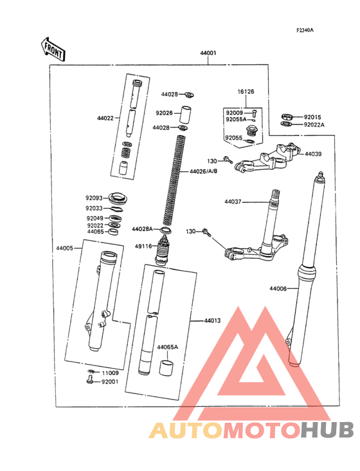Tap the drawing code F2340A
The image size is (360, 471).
click(x=305, y=30)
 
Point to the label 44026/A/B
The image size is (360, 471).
click(x=204, y=172)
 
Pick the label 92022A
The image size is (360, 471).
click(x=314, y=124)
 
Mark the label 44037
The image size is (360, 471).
click(x=233, y=201)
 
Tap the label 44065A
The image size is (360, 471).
click(x=167, y=347)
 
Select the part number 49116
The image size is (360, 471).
click(x=143, y=246)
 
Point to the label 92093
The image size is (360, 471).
click(x=94, y=198)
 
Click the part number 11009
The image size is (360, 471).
click(x=110, y=373)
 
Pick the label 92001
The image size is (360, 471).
click(x=110, y=382)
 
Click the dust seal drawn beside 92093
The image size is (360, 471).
click(x=118, y=198)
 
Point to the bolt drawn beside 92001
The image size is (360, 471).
click(x=89, y=382)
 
